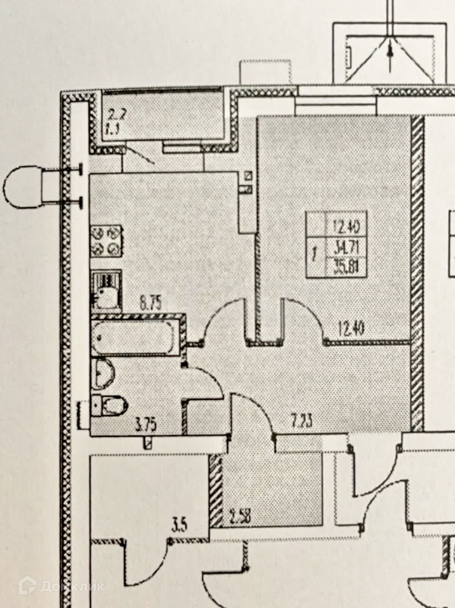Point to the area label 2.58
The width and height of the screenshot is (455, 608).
[x=239, y=518]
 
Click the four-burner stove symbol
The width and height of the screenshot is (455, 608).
[x=106, y=241]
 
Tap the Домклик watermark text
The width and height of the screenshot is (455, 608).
[x=72, y=586]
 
